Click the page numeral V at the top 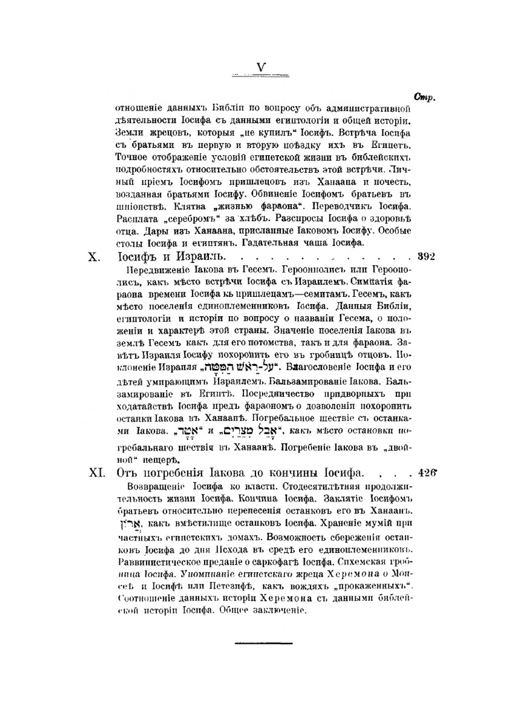coord(261,68)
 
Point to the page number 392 coord(426,257)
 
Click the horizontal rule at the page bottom coord(264,643)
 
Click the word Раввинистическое coord(152,561)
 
